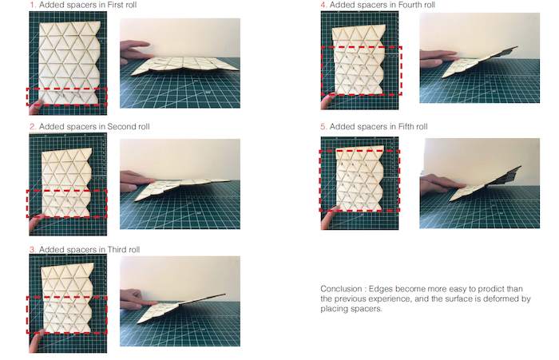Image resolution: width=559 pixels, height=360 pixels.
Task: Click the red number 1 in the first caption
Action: coord(32,5)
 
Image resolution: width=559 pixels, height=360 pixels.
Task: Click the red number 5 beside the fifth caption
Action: coord(323,127)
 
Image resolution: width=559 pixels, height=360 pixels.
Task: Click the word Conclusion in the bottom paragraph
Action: coord(341,289)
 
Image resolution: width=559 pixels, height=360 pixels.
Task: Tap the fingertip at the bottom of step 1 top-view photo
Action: coord(36,107)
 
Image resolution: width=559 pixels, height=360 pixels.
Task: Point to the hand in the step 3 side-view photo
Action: coord(136,298)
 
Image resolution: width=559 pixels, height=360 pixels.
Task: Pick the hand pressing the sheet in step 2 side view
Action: coord(136,180)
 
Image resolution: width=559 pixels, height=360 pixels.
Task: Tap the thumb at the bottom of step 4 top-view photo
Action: coord(328,101)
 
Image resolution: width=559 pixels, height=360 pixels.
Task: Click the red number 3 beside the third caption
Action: coord(33,250)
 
